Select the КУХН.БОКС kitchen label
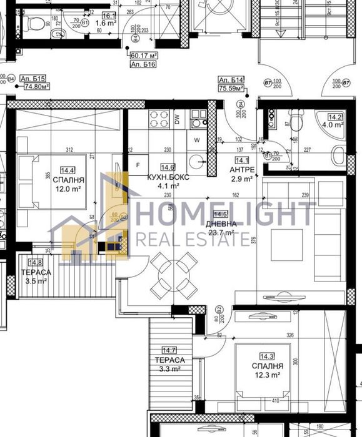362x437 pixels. [168, 177]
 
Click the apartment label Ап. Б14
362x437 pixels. [230, 81]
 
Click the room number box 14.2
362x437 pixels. [337, 116]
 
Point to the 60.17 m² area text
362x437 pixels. [143, 54]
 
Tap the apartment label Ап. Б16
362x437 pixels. [143, 64]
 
